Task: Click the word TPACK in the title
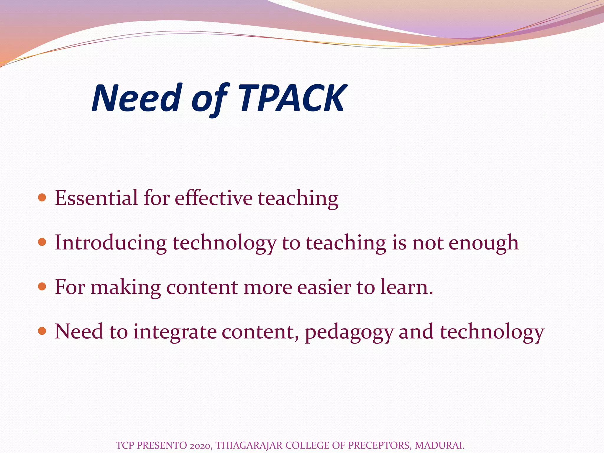(292, 98)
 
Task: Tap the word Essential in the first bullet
(96, 198)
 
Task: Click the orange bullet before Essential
(42, 197)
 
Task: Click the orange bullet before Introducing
(42, 242)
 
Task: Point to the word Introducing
(111, 242)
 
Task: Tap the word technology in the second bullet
(224, 243)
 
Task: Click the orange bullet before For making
(42, 286)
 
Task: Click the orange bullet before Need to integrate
(42, 331)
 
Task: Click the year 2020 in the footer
(200, 445)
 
